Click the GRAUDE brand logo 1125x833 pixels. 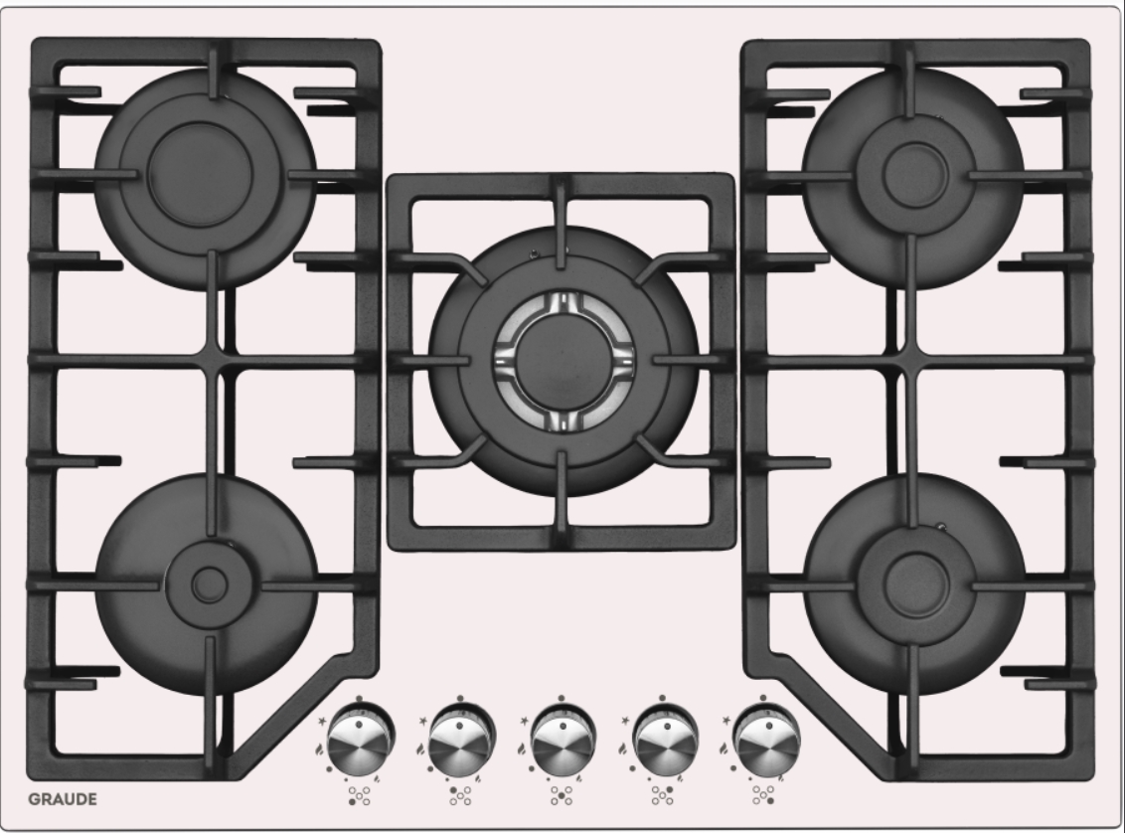click(63, 799)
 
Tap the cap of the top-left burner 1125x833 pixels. click(200, 174)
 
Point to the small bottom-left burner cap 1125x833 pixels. click(210, 585)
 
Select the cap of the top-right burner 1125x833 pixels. click(915, 174)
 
